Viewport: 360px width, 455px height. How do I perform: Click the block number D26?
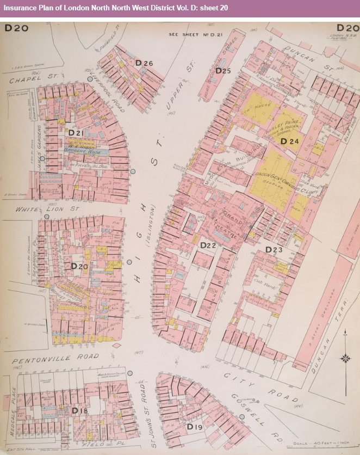coord(144,64)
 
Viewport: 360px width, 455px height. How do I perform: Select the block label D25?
coord(223,71)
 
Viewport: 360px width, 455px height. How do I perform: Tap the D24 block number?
coord(290,142)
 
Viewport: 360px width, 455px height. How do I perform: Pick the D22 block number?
coord(208,245)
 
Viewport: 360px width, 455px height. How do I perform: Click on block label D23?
coord(274,249)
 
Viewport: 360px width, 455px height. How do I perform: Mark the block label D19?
coord(195,427)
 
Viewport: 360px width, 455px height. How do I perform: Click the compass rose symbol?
coord(344,358)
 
